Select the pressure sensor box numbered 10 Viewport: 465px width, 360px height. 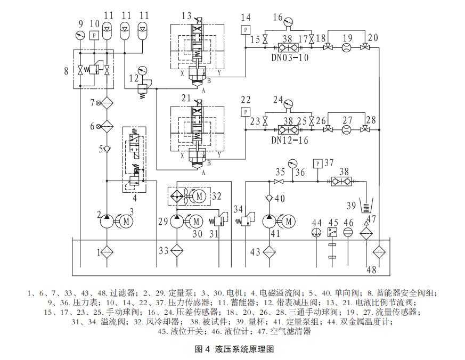coord(94,36)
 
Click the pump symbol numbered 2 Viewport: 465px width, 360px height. coord(107,219)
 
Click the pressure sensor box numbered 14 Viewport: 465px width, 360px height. coord(246,30)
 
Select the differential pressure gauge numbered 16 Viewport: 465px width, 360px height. coord(289,22)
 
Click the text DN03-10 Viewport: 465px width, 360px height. coord(290,58)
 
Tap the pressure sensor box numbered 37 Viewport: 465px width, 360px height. coord(317,162)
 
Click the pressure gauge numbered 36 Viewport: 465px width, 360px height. coord(291,162)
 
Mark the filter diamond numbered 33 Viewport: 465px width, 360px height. coord(178,251)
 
